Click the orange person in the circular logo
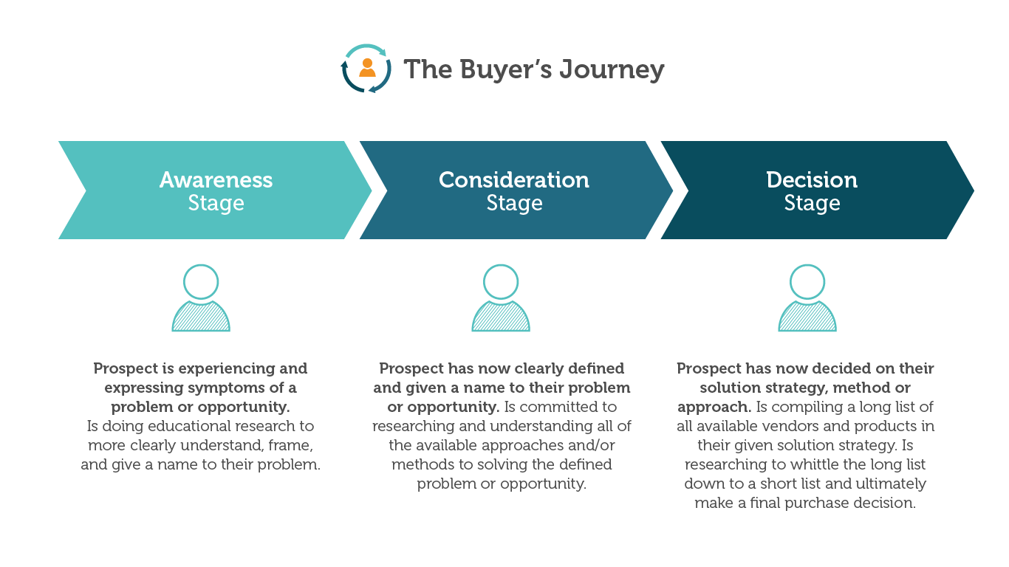coord(367,67)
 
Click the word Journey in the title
coord(612,69)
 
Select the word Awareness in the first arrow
coord(216,180)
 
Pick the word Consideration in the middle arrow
coord(514,180)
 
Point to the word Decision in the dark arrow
coord(812,180)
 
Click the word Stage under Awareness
coord(216,203)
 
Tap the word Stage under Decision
coord(812,203)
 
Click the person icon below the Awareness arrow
coord(201,298)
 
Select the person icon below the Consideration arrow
coord(501,298)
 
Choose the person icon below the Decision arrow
coord(807,298)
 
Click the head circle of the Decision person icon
coord(807,281)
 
